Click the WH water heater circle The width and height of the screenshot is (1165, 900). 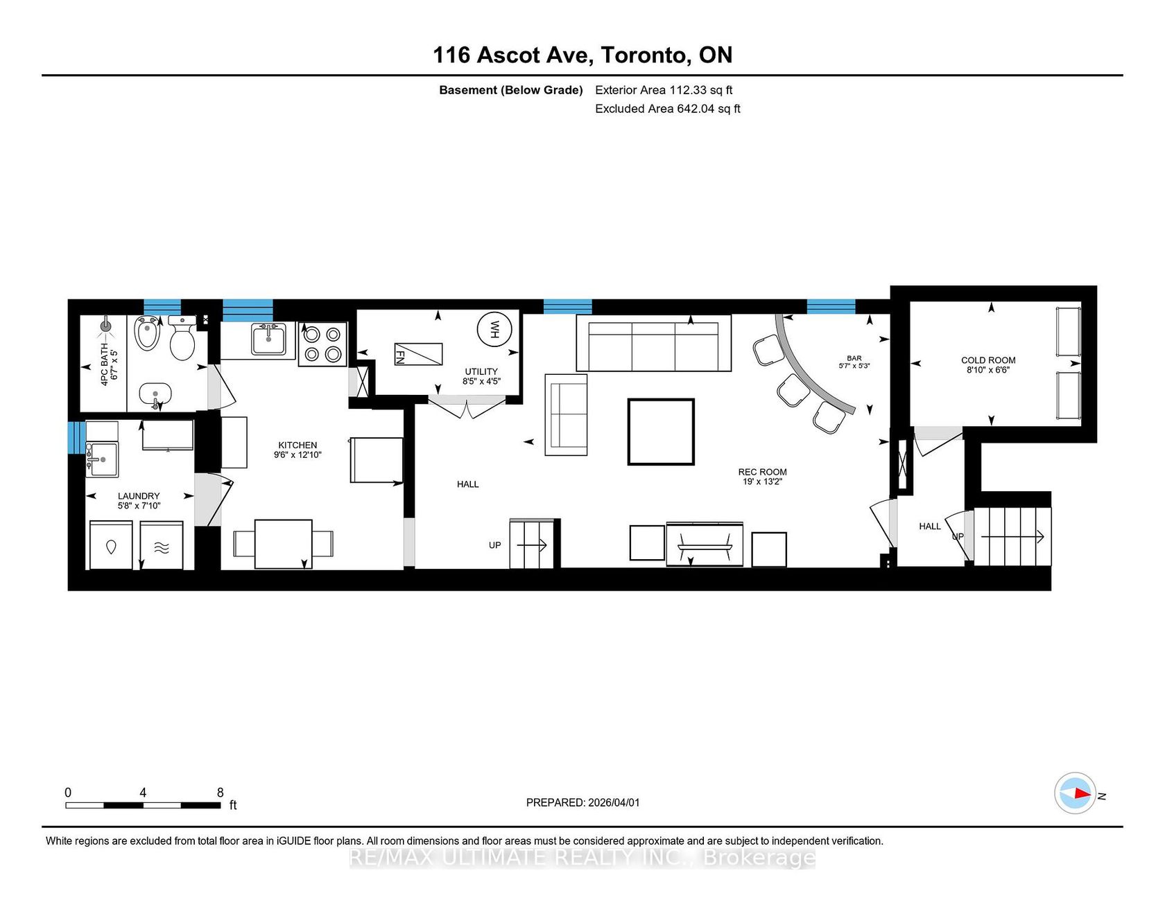tap(495, 329)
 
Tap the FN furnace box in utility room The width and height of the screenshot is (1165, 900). tap(418, 355)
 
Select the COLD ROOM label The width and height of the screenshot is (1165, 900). tap(988, 360)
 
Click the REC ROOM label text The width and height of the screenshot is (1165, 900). tap(762, 472)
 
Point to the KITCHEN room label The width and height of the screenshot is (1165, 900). tap(297, 445)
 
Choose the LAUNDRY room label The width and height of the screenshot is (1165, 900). tap(139, 496)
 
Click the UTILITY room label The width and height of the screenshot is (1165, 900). tap(481, 372)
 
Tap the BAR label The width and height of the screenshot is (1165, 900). tap(854, 359)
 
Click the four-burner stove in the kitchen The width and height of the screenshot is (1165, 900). tap(322, 344)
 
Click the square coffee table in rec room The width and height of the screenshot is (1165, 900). tap(661, 432)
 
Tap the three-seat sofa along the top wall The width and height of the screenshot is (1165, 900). tap(653, 344)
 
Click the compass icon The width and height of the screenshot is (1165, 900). tap(1075, 793)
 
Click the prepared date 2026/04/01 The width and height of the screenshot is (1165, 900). tap(614, 803)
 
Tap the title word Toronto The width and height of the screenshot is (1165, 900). tap(646, 55)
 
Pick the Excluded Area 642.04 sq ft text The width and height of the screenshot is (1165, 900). tap(668, 109)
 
